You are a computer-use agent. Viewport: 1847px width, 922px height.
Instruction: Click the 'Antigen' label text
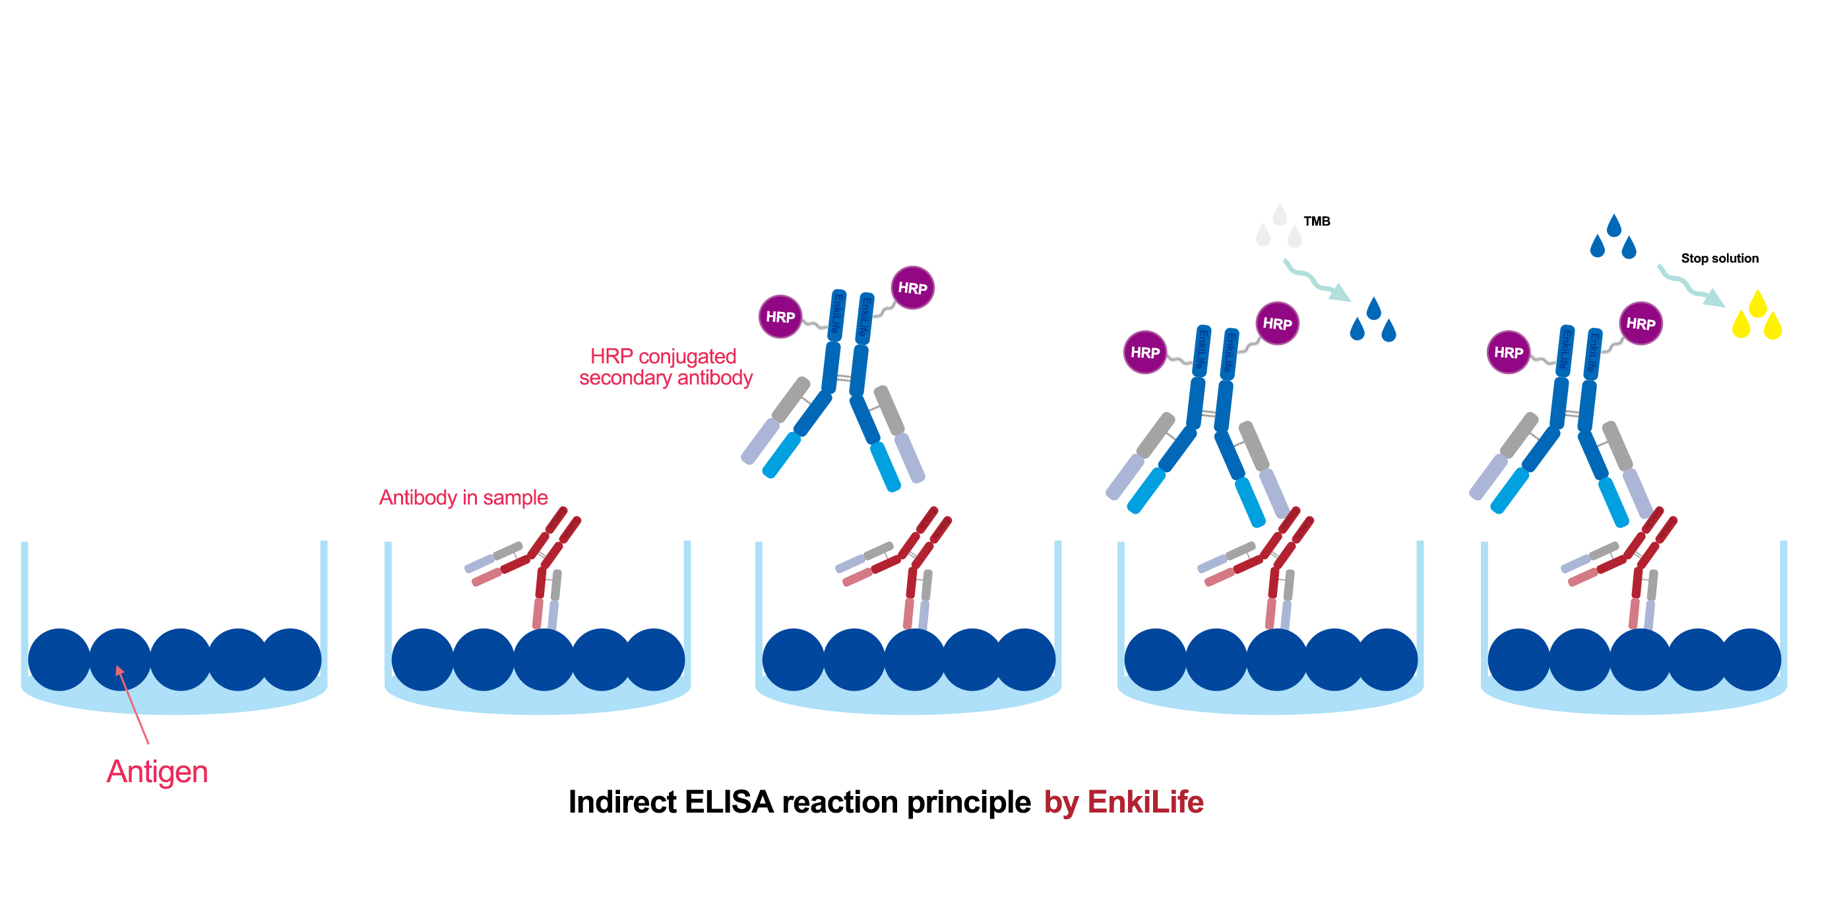157,772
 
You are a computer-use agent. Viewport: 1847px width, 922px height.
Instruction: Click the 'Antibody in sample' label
463,497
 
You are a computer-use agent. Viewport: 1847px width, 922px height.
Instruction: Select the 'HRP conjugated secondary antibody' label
666,367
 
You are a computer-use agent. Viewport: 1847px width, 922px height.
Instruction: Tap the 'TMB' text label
1317,222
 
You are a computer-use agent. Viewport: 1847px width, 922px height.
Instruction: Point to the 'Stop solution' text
1720,258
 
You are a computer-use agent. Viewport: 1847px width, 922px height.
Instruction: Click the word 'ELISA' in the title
728,802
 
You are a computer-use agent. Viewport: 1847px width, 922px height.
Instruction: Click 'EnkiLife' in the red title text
1145,802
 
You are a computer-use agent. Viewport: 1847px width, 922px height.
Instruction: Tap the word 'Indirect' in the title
621,802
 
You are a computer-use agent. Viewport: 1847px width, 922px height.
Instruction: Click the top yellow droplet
1757,303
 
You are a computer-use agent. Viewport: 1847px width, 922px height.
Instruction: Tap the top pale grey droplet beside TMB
1279,214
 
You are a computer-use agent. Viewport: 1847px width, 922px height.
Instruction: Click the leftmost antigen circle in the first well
59,660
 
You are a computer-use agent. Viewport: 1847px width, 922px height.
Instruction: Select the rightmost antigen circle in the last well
1750,660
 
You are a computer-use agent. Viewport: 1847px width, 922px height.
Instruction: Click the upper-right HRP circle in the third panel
912,288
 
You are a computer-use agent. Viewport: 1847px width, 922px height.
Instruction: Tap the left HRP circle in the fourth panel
1144,353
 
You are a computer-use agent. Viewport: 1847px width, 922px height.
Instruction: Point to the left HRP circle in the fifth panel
1508,353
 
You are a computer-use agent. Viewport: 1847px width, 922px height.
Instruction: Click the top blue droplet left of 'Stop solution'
1614,225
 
